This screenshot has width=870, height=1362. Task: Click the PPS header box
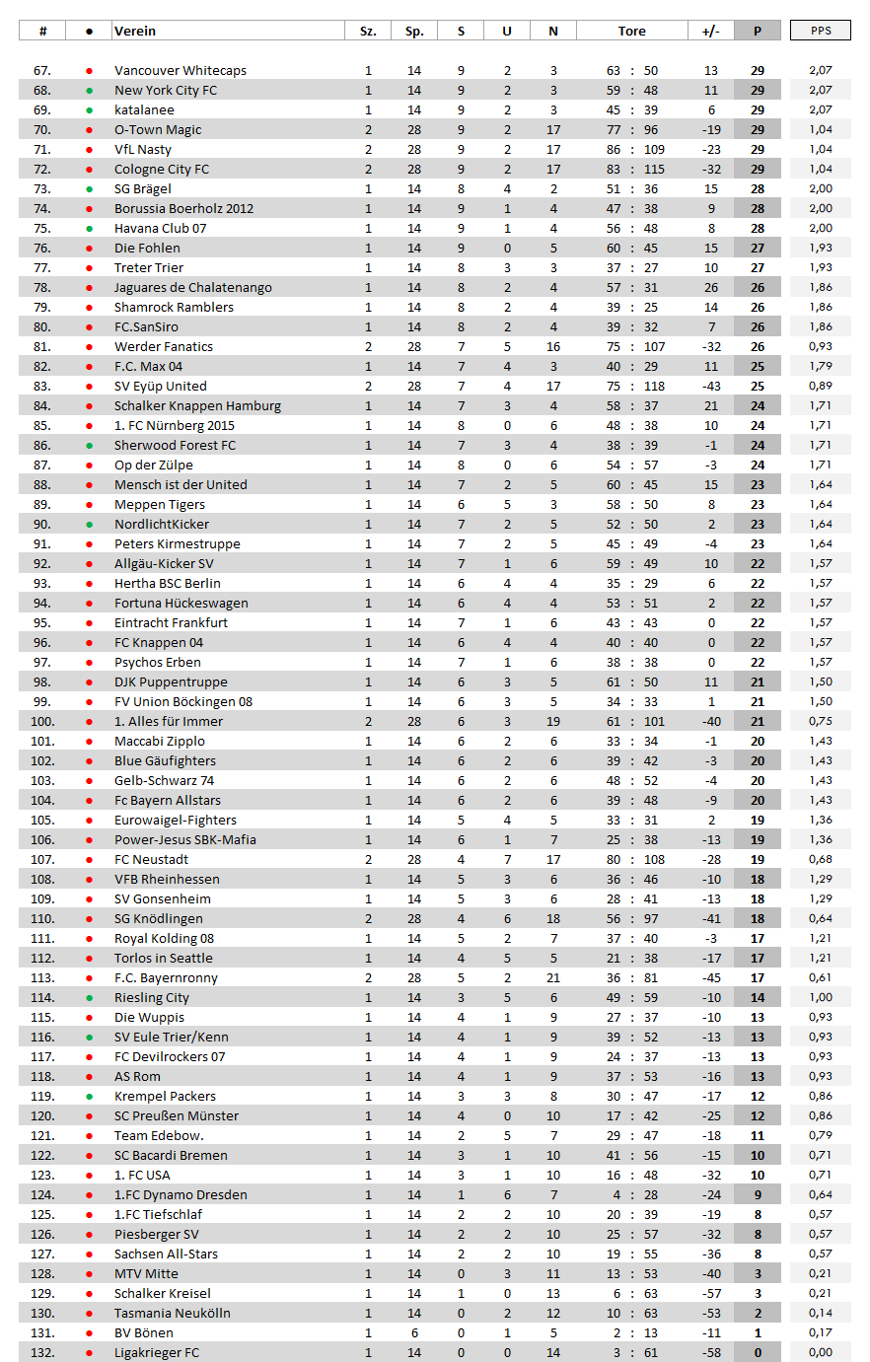point(820,31)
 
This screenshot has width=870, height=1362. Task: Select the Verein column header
point(135,31)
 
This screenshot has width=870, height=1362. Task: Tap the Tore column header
point(631,31)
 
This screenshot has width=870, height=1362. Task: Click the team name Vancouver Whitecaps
point(181,70)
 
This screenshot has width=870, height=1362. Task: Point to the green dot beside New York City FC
point(90,90)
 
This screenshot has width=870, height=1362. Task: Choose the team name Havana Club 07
point(160,228)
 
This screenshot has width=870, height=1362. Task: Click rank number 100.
point(42,721)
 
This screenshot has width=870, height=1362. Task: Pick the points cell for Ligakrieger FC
point(757,1352)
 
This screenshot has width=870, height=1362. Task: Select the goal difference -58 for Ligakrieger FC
point(710,1352)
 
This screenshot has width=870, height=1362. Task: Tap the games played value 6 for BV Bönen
point(414,1332)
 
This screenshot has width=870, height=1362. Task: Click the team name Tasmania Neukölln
point(173,1313)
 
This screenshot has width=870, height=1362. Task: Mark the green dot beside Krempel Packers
point(90,1096)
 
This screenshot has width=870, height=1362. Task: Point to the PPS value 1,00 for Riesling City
point(820,997)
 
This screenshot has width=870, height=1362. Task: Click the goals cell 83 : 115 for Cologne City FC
point(631,169)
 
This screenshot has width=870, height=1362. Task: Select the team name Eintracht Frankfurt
point(171,622)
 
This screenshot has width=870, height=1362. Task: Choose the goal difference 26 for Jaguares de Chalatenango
point(710,287)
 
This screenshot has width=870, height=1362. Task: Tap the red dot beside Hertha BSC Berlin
point(90,583)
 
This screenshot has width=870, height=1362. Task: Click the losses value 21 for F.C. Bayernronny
point(552,977)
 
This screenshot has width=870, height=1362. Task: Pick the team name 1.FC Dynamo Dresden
point(181,1194)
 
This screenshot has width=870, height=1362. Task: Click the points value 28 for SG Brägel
point(757,188)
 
